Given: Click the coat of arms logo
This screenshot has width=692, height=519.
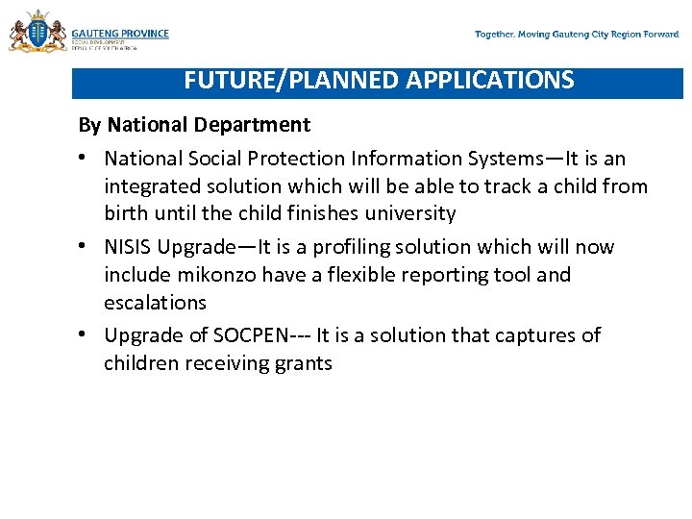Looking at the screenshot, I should (37, 32).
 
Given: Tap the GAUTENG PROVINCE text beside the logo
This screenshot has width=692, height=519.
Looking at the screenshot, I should (120, 33).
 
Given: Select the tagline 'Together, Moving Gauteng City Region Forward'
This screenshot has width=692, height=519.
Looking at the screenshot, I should (577, 35).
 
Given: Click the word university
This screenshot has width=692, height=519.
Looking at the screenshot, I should (408, 213).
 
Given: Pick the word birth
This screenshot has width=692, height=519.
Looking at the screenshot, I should (127, 213).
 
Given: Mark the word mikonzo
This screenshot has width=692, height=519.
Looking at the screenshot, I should (210, 275).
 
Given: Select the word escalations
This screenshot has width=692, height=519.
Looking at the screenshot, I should (155, 303).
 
